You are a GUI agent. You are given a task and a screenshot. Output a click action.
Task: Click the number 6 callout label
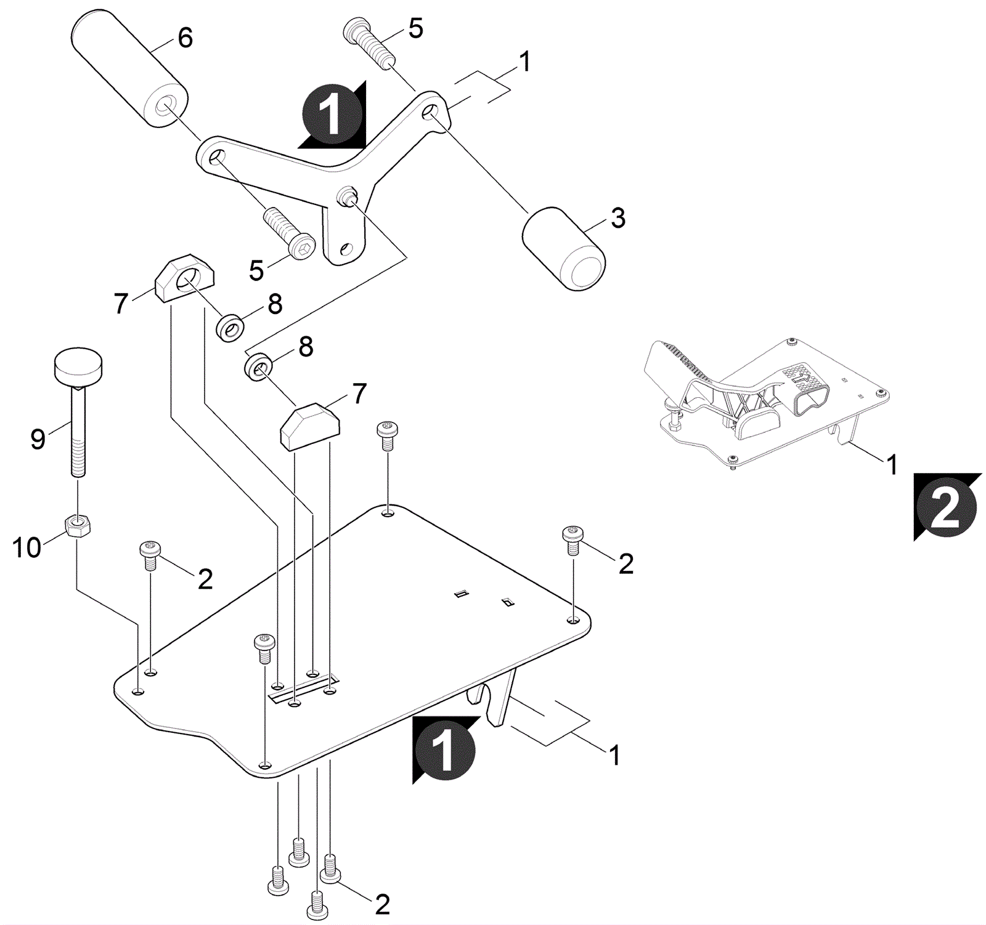185,38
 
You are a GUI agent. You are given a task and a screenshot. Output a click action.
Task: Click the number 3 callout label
617,218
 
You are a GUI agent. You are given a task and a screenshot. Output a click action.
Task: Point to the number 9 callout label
38,439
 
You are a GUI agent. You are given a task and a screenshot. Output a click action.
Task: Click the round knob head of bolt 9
78,365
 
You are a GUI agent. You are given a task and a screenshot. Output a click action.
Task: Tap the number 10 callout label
26,547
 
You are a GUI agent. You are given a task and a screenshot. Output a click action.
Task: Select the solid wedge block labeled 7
311,426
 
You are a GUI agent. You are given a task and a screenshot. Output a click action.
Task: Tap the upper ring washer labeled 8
230,328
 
